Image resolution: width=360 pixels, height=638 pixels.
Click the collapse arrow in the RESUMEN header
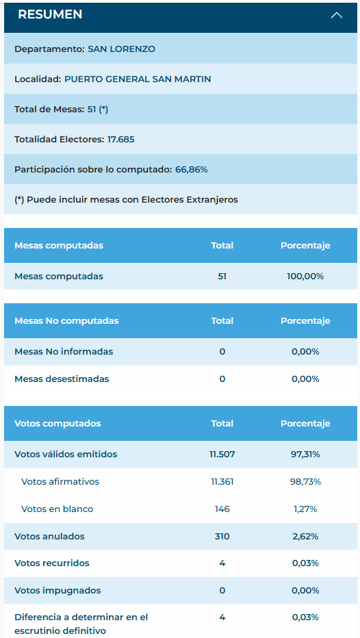337,16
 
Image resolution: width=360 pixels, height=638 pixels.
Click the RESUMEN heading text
50,14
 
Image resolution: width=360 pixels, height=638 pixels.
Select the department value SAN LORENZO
121,49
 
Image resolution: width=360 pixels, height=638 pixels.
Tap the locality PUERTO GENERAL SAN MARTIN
138,79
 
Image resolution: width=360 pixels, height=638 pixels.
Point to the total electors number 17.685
121,139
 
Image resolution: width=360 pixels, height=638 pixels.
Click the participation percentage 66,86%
191,170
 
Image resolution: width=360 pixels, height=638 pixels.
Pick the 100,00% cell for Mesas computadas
305,277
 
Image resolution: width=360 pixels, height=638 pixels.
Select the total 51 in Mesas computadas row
222,277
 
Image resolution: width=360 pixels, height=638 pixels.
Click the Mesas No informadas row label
64,351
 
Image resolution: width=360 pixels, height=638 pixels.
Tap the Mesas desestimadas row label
62,379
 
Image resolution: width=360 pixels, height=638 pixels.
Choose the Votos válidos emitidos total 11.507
222,454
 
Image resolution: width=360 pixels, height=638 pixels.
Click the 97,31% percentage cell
305,454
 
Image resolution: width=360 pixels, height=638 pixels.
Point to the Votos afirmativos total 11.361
222,482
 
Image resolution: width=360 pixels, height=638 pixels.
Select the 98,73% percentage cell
305,482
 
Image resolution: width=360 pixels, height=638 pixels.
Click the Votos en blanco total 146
222,509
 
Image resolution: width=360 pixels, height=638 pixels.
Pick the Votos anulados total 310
222,536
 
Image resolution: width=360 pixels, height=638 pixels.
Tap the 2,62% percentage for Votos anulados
305,536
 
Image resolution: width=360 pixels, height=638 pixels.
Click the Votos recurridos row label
52,563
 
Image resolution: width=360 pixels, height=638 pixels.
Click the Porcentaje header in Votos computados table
305,424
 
